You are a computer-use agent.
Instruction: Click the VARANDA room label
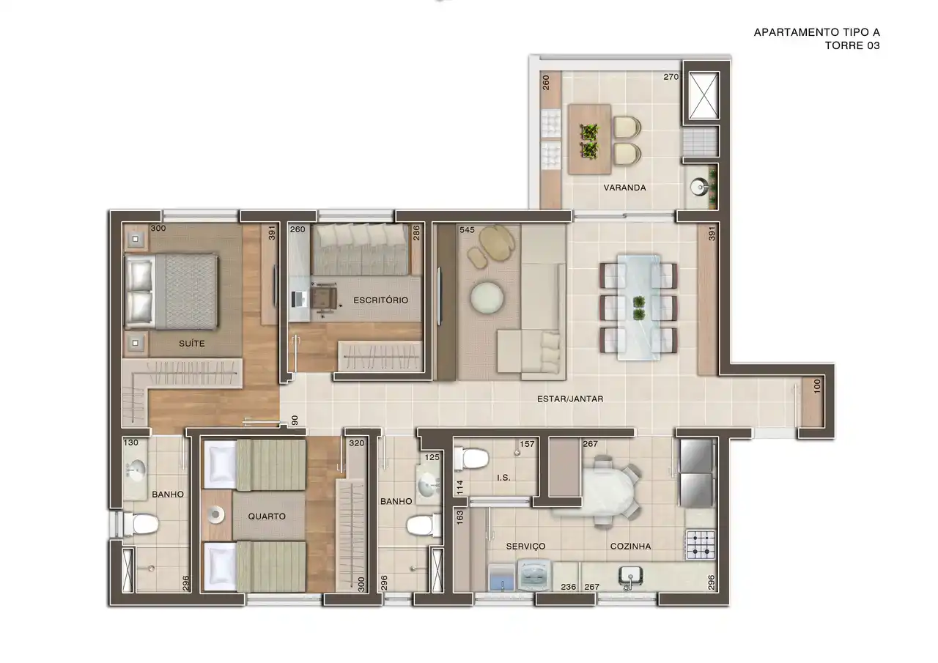[x=624, y=188]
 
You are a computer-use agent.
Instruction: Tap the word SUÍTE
[x=191, y=343]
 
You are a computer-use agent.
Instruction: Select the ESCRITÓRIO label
[x=380, y=300]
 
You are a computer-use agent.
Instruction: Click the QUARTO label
[x=267, y=516]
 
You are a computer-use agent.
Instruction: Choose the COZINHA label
[x=630, y=547]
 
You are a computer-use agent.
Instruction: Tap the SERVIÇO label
[x=525, y=547]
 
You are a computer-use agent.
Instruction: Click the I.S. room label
[x=503, y=478]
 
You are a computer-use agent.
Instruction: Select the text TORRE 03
[x=852, y=45]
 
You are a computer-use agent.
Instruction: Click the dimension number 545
[x=468, y=229]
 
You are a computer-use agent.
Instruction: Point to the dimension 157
[x=527, y=444]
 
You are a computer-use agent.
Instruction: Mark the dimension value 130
[x=131, y=443]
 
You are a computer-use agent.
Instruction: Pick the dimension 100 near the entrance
[x=818, y=386]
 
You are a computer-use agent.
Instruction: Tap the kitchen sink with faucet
[x=627, y=577]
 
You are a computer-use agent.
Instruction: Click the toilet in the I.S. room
[x=471, y=459]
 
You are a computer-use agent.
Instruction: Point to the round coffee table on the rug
[x=487, y=298]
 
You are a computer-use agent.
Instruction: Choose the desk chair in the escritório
[x=324, y=297]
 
